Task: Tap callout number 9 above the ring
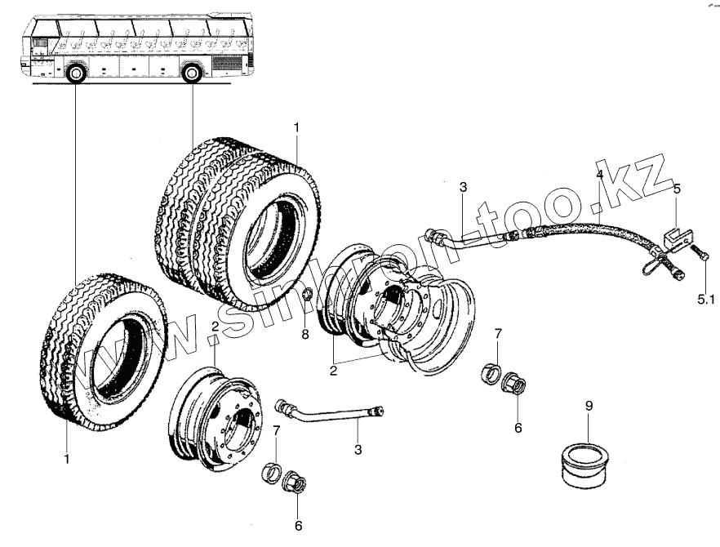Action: click(587, 405)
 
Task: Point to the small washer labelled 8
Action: click(307, 294)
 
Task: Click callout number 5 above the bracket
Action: click(676, 189)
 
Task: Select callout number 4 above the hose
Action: click(599, 174)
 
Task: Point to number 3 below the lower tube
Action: click(358, 450)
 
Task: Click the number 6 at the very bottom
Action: click(298, 526)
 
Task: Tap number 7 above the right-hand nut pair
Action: click(498, 336)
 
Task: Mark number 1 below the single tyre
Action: click(67, 460)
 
